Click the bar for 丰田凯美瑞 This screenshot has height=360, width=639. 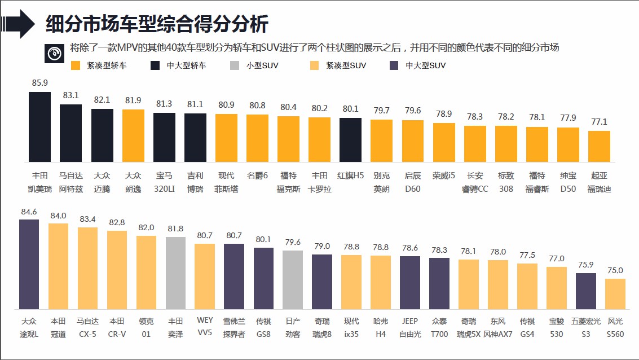coord(40,127)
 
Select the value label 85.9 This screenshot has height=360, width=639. coord(40,82)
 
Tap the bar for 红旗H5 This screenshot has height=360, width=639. coord(350,140)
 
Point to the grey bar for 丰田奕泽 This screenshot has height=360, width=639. coord(175,273)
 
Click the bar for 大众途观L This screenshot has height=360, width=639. coord(29,264)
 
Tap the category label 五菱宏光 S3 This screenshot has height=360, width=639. coord(585,327)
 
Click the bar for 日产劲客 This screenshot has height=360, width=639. coord(293,279)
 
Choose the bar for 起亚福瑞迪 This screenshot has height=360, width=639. coord(599,147)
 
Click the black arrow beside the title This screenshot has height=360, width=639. coord(19,24)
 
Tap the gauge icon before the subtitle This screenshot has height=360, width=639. coord(54,52)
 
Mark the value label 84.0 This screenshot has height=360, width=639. coord(58,216)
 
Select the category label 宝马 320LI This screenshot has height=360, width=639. coord(164,182)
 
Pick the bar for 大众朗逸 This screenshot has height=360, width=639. coord(133,136)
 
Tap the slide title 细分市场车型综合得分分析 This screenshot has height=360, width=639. coord(157,24)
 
